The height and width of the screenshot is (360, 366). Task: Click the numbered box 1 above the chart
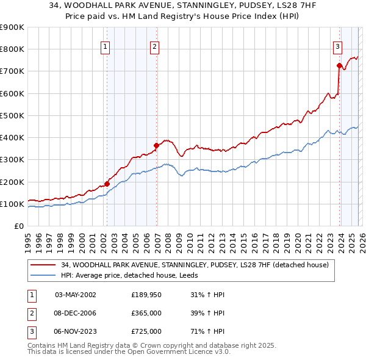click(106, 46)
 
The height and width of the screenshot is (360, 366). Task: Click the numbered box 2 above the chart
click(155, 46)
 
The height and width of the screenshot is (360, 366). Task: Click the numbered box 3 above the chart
click(337, 46)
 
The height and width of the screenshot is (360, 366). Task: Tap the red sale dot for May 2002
click(107, 184)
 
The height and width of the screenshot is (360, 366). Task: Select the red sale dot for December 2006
click(157, 145)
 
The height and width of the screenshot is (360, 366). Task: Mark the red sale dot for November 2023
click(339, 65)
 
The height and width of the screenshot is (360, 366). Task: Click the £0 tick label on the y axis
click(19, 226)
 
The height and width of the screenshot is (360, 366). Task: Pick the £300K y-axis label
click(12, 160)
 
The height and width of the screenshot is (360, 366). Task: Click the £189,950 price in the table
click(146, 295)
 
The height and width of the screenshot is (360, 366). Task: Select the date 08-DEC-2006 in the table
click(75, 313)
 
